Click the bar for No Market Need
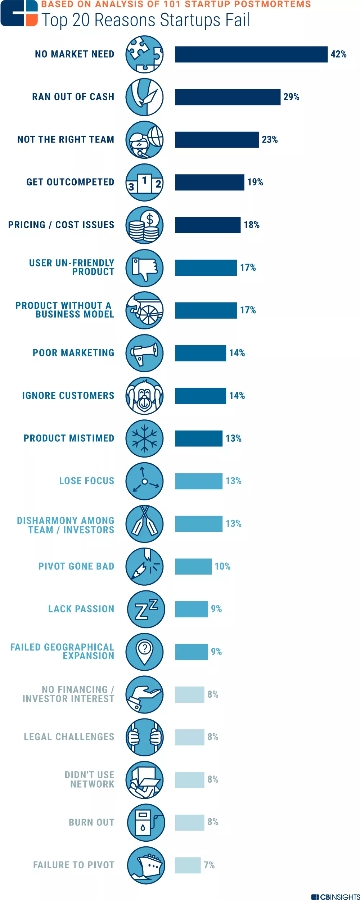click(251, 54)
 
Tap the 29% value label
click(291, 97)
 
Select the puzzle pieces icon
click(144, 54)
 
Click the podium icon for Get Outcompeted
click(144, 183)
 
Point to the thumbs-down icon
click(144, 268)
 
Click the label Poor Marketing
click(73, 353)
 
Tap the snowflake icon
click(144, 438)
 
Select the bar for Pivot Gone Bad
click(193, 567)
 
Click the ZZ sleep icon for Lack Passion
click(146, 609)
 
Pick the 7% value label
click(209, 865)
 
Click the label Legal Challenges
click(69, 737)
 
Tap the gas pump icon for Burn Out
click(146, 823)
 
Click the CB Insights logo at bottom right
click(335, 897)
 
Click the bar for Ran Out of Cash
click(228, 97)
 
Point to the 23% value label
click(270, 140)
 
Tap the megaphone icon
click(144, 353)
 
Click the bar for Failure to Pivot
click(188, 865)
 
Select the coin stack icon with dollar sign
click(144, 225)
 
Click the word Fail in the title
click(237, 20)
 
